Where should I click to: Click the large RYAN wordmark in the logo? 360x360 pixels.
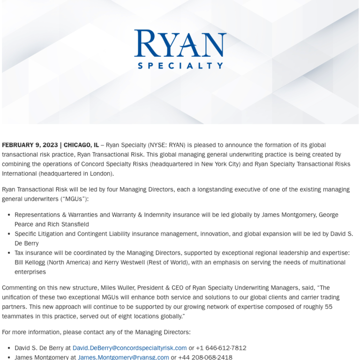180,43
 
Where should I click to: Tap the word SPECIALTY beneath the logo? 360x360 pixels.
180,66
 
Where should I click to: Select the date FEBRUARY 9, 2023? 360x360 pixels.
30,145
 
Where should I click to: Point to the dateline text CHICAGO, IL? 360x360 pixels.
81,145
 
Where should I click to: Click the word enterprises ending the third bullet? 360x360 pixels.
31,272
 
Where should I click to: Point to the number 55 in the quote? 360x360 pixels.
328,307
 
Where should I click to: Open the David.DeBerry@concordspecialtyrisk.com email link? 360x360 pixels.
129,348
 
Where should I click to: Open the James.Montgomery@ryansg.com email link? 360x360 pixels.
123,357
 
